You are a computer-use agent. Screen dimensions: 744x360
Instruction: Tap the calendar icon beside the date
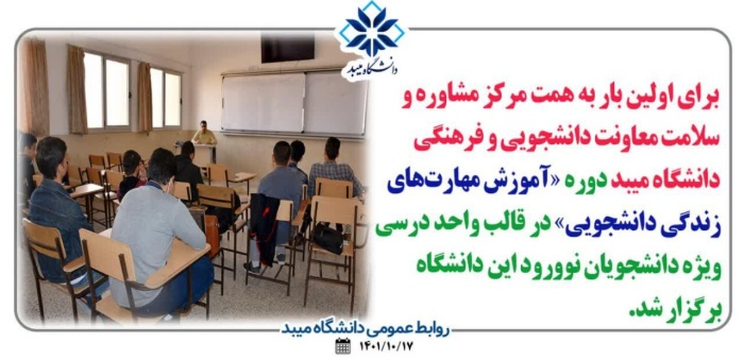tap(342, 346)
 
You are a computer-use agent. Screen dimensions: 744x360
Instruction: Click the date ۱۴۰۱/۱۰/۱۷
tap(386, 347)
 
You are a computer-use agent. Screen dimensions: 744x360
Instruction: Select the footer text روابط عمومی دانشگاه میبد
tap(365, 329)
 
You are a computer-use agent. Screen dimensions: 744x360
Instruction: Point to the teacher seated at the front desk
tap(204, 133)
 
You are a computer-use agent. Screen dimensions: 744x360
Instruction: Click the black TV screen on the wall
tap(287, 48)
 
